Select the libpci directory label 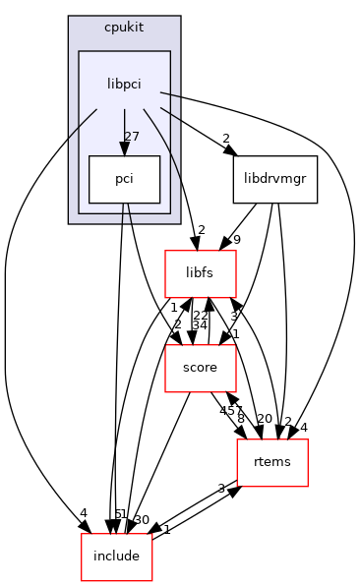point(124,85)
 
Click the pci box point(124,180)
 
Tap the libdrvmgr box point(275,180)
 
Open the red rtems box point(272,462)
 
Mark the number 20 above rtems point(265,419)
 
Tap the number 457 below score point(229,411)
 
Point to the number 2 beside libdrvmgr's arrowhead point(225,139)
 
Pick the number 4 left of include point(84,512)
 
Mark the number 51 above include point(121,513)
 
